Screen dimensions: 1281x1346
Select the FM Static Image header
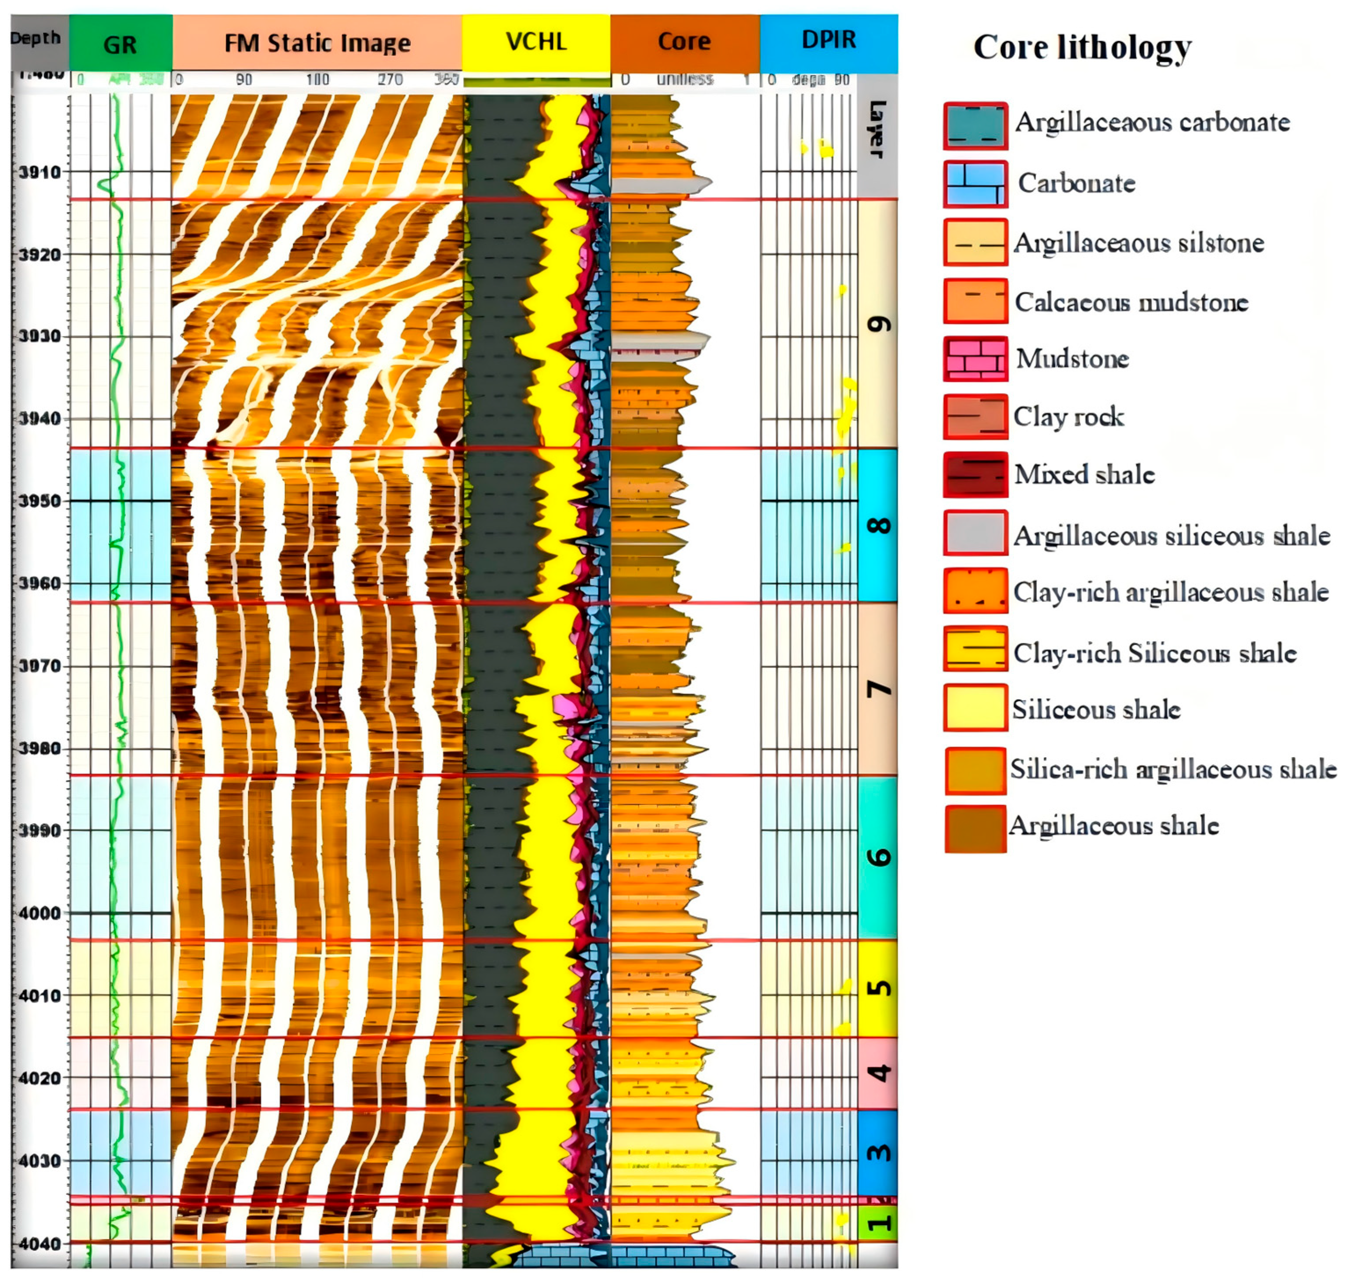coord(317,43)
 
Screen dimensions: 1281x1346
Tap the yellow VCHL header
coord(536,42)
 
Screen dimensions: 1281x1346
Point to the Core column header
coord(684,42)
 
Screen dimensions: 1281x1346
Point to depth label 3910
coord(40,172)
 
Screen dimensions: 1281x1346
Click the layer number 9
coord(878,324)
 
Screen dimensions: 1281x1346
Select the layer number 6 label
coord(878,857)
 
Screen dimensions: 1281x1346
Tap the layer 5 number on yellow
coord(878,988)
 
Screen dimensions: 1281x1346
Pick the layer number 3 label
coord(878,1153)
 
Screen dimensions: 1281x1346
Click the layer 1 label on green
coord(878,1222)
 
